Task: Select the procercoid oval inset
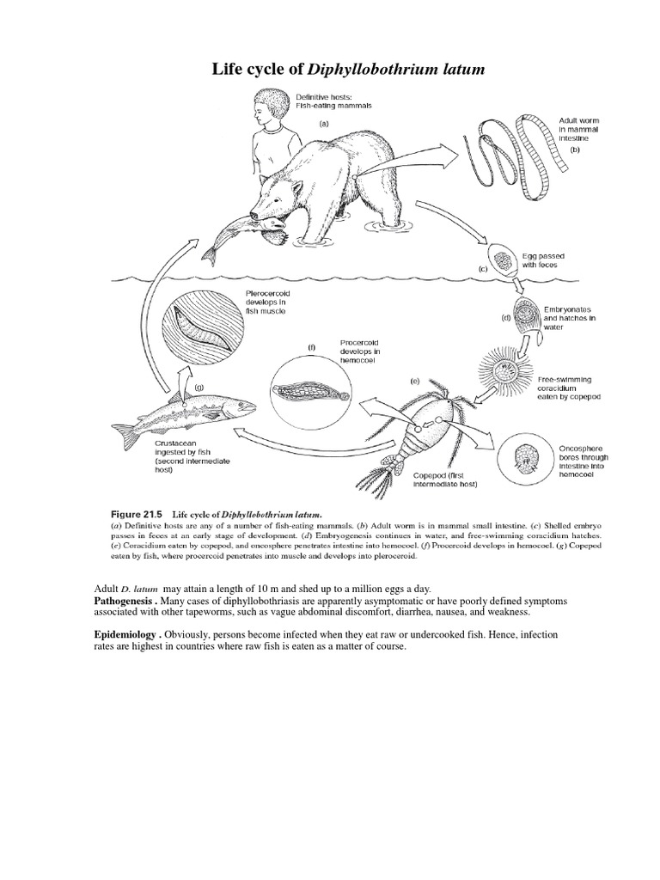tap(310, 393)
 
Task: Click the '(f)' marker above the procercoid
tap(312, 346)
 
